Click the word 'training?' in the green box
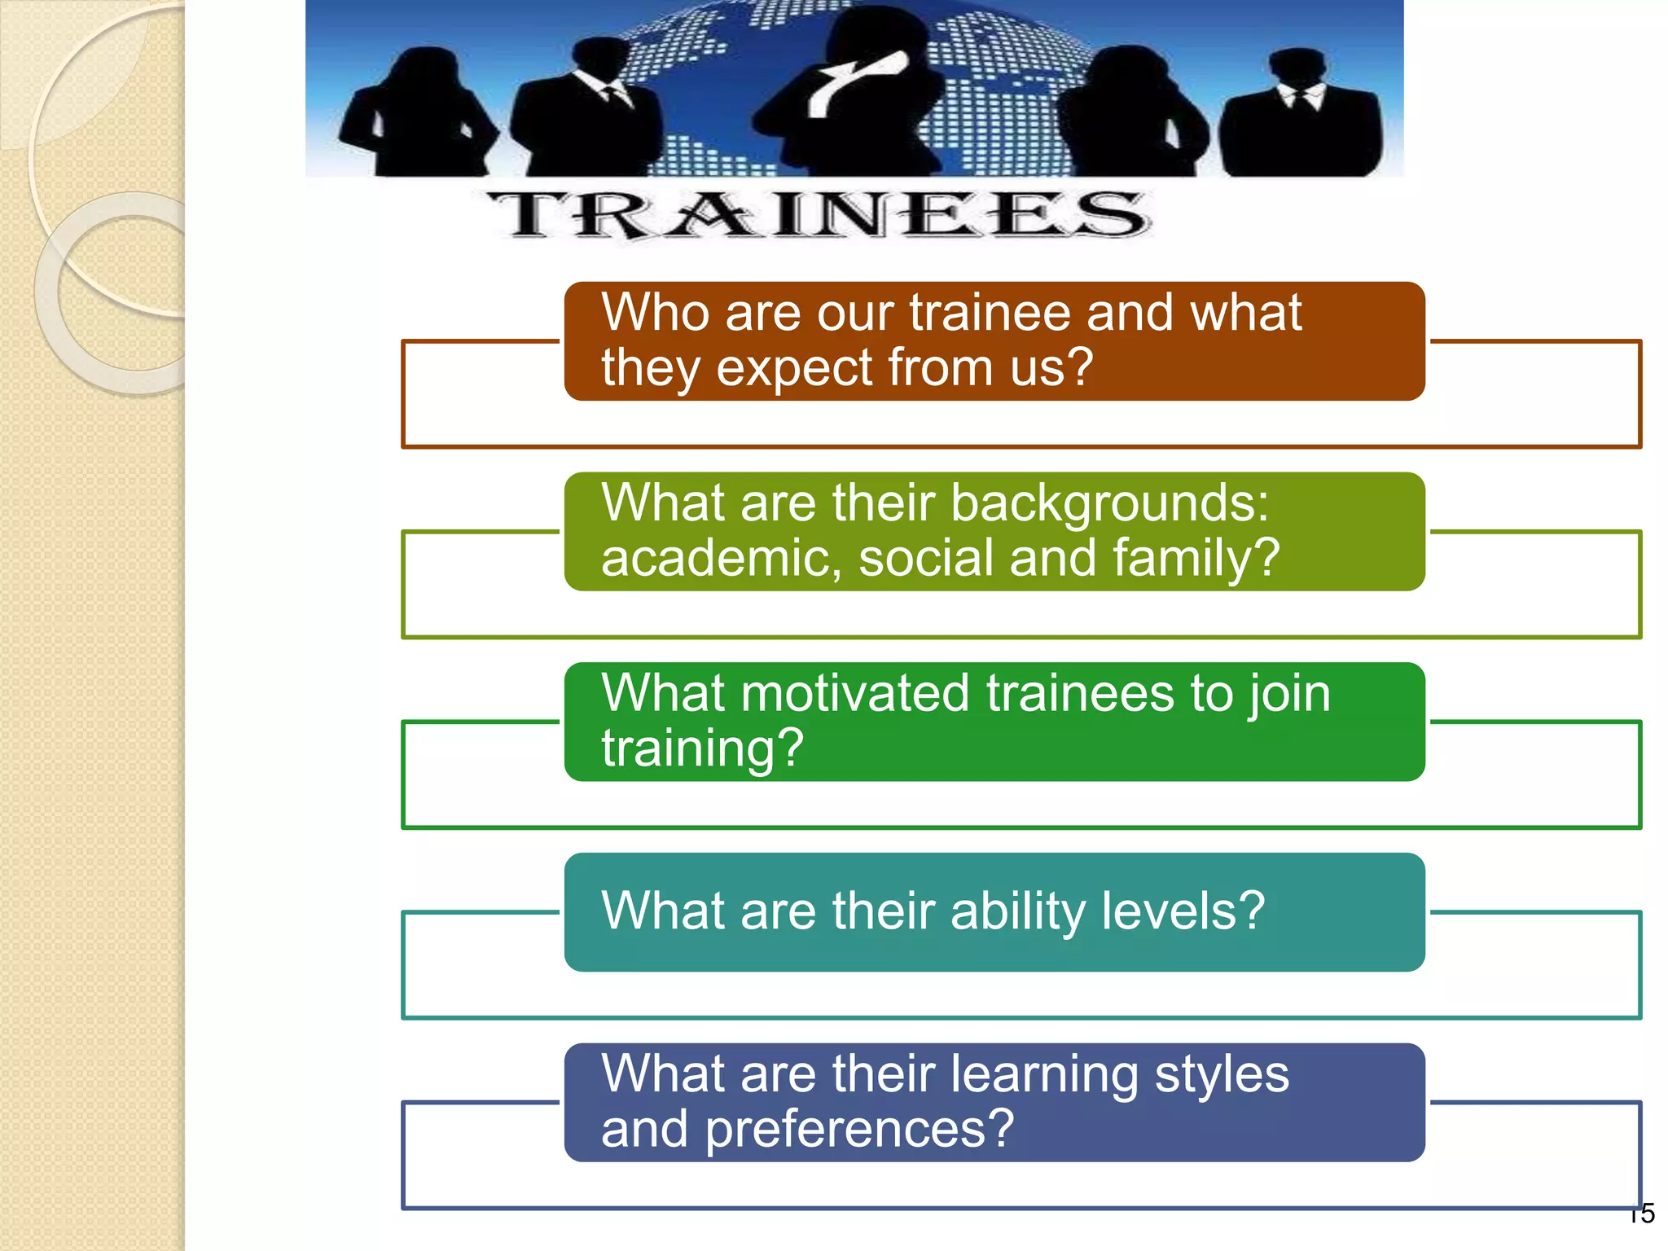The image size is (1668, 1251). pyautogui.click(x=702, y=748)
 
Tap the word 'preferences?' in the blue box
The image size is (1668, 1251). pyautogui.click(x=859, y=1129)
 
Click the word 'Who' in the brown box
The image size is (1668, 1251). pyautogui.click(x=656, y=313)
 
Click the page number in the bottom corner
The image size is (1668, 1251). pyautogui.click(x=1642, y=1214)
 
